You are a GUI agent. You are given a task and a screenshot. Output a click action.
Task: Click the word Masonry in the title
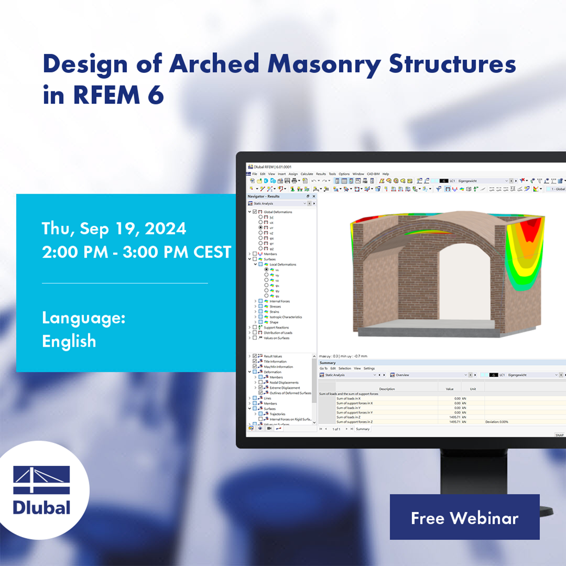(x=325, y=64)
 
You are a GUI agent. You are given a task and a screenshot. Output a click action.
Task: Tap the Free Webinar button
(x=464, y=518)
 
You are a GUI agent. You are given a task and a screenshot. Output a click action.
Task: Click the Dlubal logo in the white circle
(x=42, y=490)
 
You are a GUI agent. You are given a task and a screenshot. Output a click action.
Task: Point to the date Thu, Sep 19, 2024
(x=114, y=229)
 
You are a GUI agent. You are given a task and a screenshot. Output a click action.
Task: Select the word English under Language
(x=69, y=341)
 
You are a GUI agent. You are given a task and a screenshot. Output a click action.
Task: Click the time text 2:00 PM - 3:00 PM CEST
(x=137, y=253)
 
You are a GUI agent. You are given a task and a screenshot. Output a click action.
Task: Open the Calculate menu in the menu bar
(x=307, y=174)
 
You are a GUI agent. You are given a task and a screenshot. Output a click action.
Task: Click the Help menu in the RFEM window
(x=386, y=174)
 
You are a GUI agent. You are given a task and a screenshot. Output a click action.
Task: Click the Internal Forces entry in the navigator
(x=280, y=301)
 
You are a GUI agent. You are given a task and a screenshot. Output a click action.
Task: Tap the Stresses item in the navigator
(x=275, y=306)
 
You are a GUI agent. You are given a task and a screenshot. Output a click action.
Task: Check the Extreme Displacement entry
(x=285, y=387)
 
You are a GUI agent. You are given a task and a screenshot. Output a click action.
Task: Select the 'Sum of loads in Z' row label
(x=347, y=417)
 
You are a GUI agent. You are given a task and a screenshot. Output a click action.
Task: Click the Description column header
(x=387, y=389)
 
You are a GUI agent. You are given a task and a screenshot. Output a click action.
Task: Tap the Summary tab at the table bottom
(x=362, y=429)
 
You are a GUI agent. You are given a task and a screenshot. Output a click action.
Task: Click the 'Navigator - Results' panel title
(x=263, y=196)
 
